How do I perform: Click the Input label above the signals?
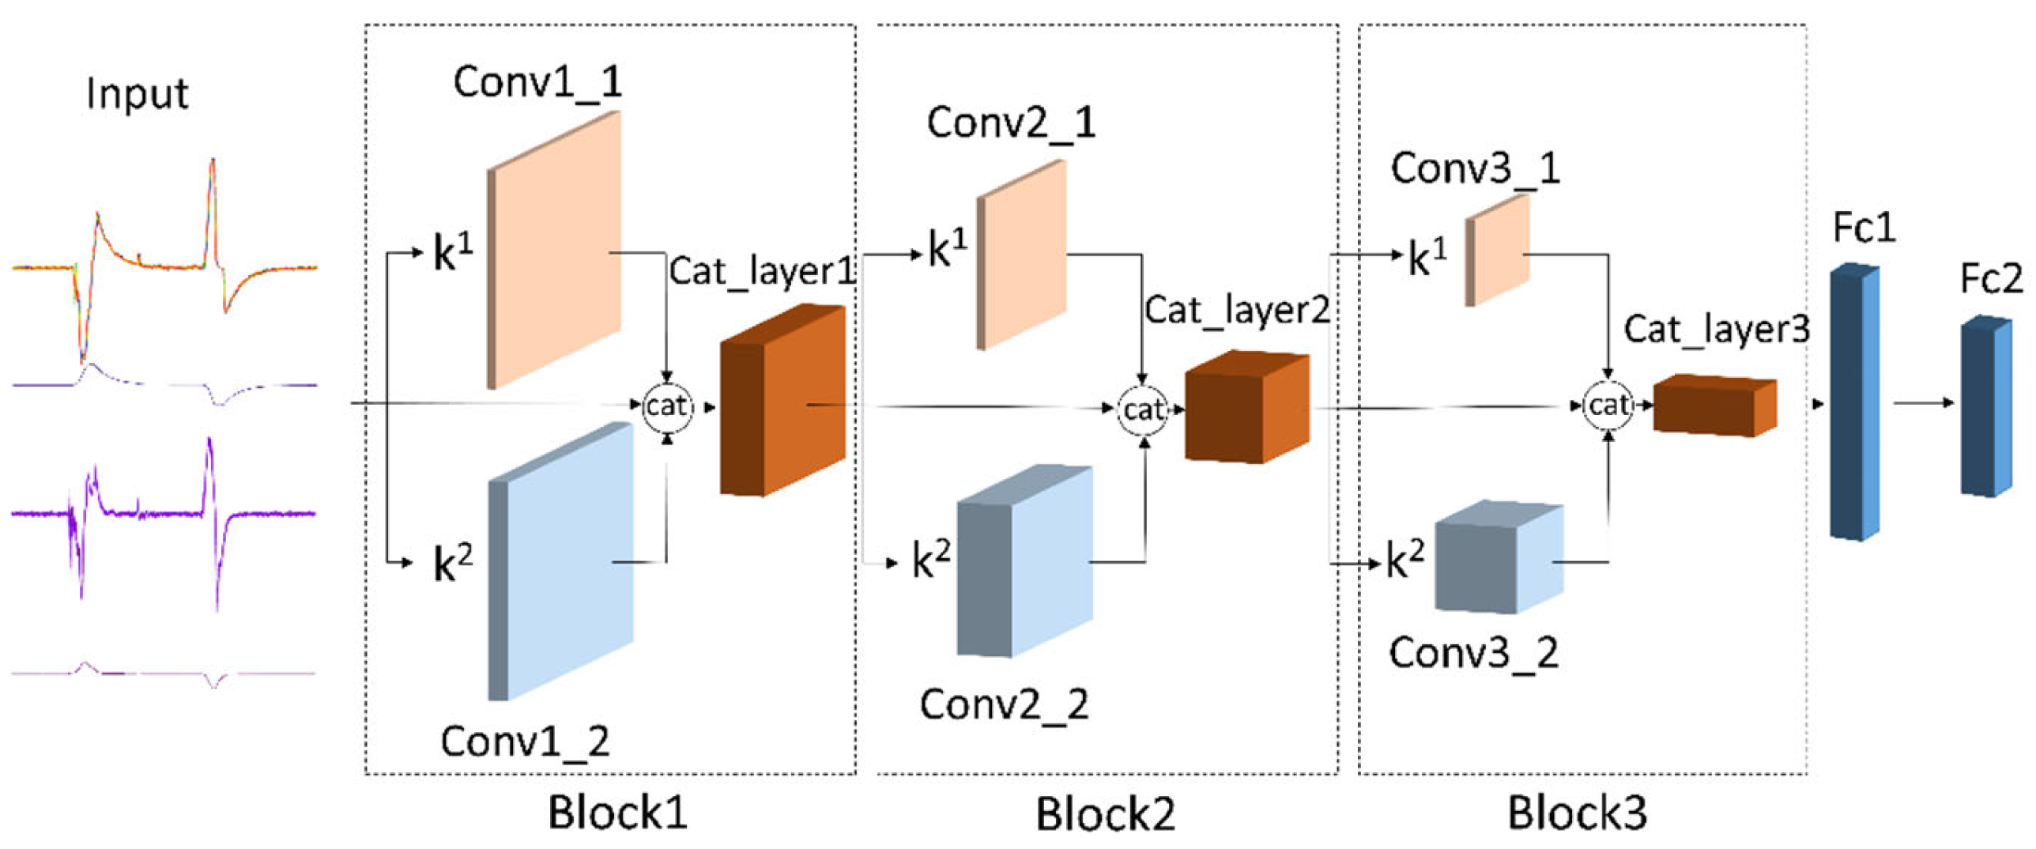tap(137, 94)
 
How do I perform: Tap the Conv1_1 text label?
tap(537, 82)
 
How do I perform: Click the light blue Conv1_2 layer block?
tap(563, 561)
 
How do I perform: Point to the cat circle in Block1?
tap(666, 407)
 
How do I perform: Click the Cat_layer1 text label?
tap(762, 272)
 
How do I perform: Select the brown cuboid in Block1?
tap(782, 402)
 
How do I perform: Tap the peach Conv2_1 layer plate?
tap(1023, 255)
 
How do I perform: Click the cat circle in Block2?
tap(1143, 409)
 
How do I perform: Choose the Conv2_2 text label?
tap(1004, 704)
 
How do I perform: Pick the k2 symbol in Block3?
tap(1405, 560)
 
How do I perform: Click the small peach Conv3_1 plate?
tap(1499, 249)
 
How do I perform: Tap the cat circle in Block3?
tap(1608, 406)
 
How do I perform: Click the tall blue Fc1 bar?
tap(1854, 403)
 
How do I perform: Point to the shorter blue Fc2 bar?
tap(1985, 406)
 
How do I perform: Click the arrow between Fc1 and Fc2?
tap(1922, 403)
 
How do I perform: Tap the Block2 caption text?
tap(1105, 813)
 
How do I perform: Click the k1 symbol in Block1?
tap(453, 253)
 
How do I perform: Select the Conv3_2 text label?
tap(1473, 654)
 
